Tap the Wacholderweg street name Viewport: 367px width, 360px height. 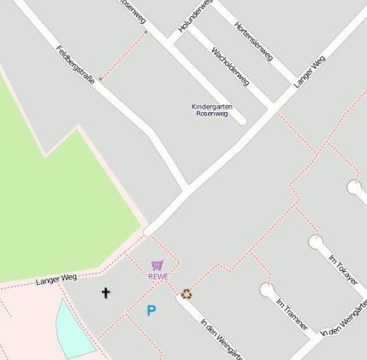pos(229,67)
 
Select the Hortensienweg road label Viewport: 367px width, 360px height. pos(253,41)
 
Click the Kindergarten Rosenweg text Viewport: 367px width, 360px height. pos(211,109)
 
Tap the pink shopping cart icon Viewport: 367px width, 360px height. pos(157,265)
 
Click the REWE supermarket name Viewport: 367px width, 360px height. pos(158,276)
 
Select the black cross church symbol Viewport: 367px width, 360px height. pos(106,292)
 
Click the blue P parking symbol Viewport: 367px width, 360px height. pos(151,311)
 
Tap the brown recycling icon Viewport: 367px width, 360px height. pos(186,294)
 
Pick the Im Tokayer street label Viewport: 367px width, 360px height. pos(343,269)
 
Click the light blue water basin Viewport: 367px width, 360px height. pos(74,329)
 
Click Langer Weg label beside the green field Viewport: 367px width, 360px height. pos(56,279)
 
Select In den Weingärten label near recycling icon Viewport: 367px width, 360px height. pos(221,337)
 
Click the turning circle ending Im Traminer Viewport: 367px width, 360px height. pos(267,290)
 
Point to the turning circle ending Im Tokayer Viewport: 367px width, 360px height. pos(317,243)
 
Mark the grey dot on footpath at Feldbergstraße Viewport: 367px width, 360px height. pos(100,79)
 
